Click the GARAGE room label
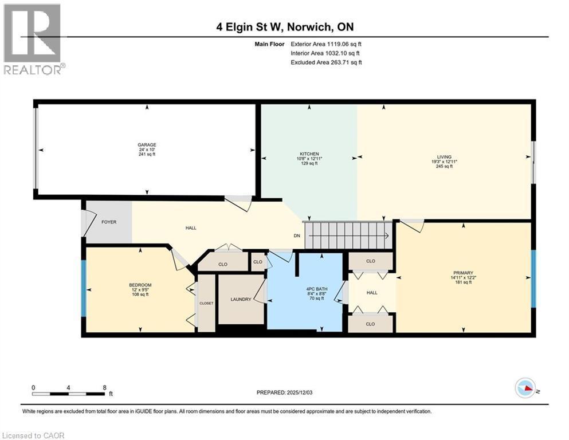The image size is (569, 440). (x=147, y=144)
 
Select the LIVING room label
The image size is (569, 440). (x=444, y=157)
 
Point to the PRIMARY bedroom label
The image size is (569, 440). (x=463, y=273)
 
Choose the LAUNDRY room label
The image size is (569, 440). (x=241, y=299)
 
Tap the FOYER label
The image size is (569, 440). (x=109, y=222)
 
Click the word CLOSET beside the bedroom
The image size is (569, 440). (x=206, y=303)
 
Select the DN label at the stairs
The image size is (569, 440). (x=297, y=235)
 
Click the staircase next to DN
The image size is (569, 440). (x=347, y=235)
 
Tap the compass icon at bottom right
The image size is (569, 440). (x=525, y=388)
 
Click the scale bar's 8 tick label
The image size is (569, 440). (x=104, y=387)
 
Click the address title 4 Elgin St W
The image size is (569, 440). (x=284, y=27)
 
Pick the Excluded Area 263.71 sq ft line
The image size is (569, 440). (x=326, y=62)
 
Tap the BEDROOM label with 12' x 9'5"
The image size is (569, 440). (x=140, y=285)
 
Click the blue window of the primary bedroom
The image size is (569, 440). (x=533, y=279)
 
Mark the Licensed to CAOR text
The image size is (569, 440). (x=34, y=435)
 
